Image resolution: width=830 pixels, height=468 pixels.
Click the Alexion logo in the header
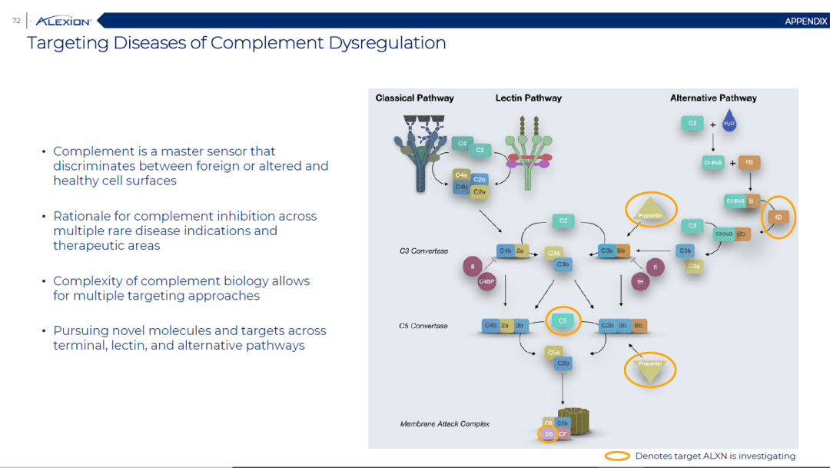(x=63, y=21)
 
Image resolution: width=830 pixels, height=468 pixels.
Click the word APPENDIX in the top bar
(x=805, y=22)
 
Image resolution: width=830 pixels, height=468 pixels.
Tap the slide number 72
(x=16, y=21)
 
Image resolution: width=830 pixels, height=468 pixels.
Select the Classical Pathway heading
(x=414, y=98)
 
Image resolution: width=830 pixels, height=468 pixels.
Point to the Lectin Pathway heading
(x=528, y=98)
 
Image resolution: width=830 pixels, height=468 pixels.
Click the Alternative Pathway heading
(x=713, y=98)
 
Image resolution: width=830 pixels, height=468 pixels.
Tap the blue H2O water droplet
(x=729, y=122)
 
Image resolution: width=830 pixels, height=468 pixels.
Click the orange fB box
(x=749, y=162)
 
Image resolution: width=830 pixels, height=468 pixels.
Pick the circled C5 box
(x=562, y=320)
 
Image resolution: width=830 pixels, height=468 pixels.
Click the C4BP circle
(x=486, y=281)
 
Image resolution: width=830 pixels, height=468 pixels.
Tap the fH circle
(x=639, y=281)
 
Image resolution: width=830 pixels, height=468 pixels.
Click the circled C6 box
(x=548, y=434)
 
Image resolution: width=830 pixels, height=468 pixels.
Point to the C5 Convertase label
(x=423, y=326)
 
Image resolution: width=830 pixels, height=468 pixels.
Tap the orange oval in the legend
(x=617, y=456)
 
